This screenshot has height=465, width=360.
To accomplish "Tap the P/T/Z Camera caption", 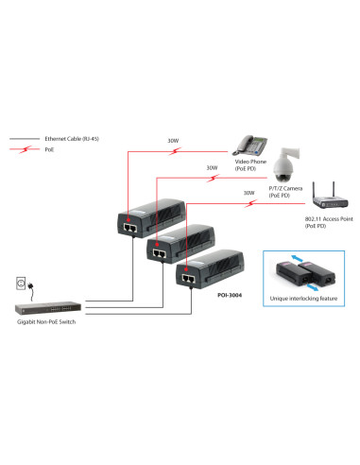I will tap(284, 192).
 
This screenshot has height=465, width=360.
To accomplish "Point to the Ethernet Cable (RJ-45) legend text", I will tap(68, 138).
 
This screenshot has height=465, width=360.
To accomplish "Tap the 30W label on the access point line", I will tap(249, 193).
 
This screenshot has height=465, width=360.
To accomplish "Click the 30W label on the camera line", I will tap(213, 168).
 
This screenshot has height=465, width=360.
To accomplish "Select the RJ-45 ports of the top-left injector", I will tap(127, 225).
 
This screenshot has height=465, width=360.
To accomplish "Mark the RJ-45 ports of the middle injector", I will tap(158, 252).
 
